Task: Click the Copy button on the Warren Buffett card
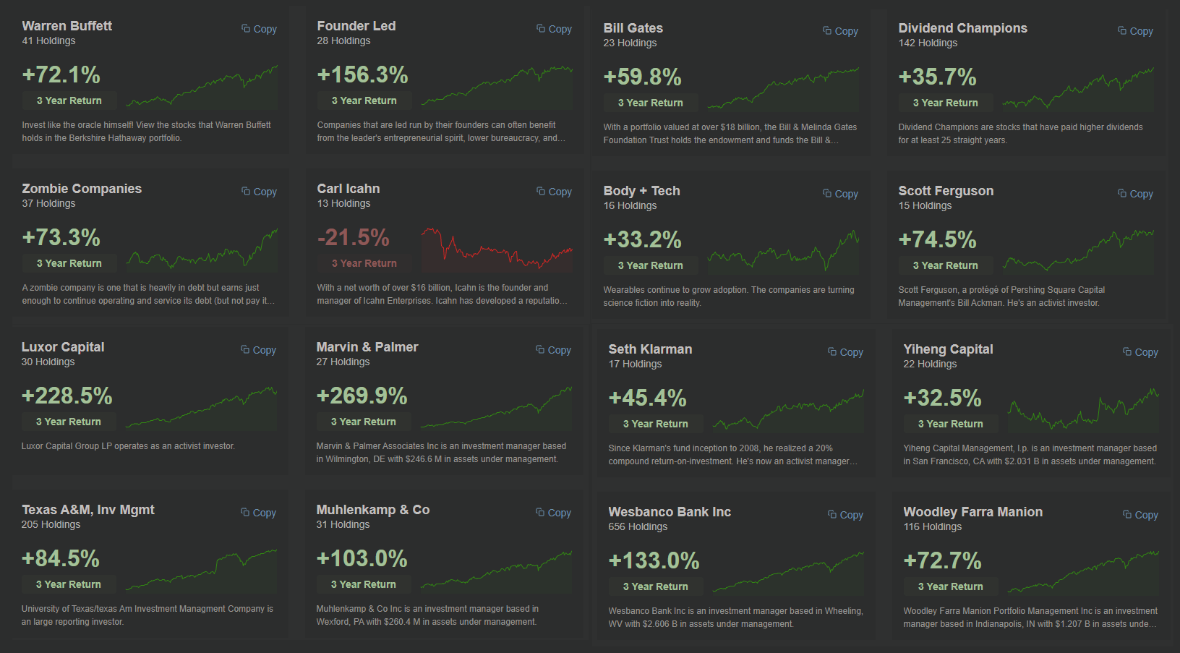pos(260,29)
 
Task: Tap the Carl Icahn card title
pos(348,189)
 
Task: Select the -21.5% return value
pos(353,237)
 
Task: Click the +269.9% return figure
pos(362,396)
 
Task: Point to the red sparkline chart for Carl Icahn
pos(497,249)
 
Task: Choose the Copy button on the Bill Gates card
pos(841,31)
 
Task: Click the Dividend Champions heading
pos(962,28)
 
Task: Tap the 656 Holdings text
pos(637,526)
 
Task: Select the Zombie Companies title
pos(82,189)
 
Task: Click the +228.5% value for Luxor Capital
pos(67,396)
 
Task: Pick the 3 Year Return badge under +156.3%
pos(364,101)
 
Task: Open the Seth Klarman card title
pos(650,349)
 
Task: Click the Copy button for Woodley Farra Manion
pos(1141,515)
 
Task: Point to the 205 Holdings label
pos(51,524)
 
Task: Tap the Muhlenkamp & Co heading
pos(372,510)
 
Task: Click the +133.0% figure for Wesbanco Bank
pos(654,560)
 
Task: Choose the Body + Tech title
pos(641,191)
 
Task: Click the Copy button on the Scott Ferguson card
pos(1136,194)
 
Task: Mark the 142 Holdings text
pos(928,43)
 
